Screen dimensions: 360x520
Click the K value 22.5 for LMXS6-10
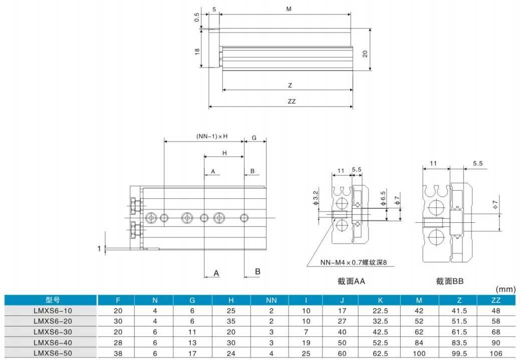pos(380,311)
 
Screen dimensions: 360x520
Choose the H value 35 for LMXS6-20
pos(231,321)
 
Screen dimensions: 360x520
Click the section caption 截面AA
pos(351,281)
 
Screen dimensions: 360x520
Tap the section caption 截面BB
pos(450,281)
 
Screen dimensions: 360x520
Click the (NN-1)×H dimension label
pos(212,136)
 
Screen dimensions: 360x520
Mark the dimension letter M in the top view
pos(289,10)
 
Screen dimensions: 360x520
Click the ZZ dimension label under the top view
pos(292,101)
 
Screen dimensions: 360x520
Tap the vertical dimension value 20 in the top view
pos(365,54)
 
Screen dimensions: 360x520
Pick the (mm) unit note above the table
pos(506,289)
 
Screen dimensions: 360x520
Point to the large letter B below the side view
pos(257,272)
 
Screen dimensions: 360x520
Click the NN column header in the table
pos(271,300)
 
